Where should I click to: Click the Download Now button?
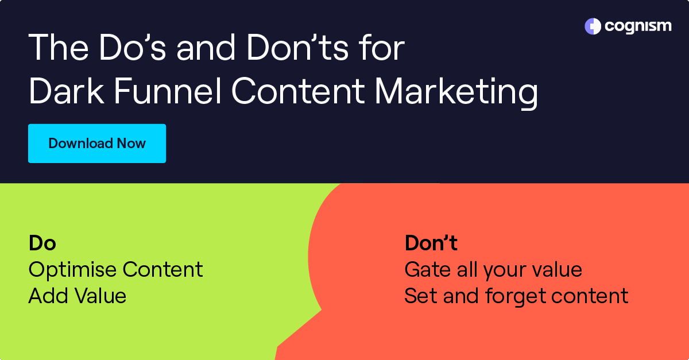96,143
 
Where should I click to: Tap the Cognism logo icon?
593,26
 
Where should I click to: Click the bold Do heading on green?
42,243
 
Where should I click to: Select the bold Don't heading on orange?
431,243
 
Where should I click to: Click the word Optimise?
71,270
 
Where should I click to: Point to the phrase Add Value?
77,296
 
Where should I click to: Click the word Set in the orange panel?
418,296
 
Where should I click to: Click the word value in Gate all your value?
555,270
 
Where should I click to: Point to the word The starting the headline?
59,48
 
